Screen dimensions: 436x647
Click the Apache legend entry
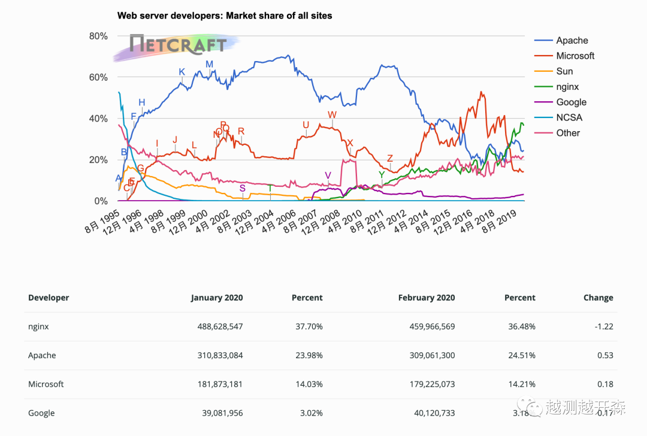click(x=572, y=40)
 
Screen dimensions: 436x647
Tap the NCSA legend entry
click(x=569, y=117)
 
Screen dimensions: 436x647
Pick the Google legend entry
click(x=571, y=102)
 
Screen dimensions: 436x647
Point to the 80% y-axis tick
click(x=98, y=36)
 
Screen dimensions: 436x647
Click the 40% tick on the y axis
click(x=98, y=119)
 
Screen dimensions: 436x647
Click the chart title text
click(x=225, y=16)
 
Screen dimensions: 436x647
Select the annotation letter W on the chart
click(x=332, y=114)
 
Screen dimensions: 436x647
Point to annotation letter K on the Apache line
click(x=182, y=72)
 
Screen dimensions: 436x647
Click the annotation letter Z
click(x=390, y=158)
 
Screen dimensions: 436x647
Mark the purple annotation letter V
click(x=328, y=175)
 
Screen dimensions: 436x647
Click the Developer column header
click(x=49, y=298)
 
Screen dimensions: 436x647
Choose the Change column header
click(x=598, y=298)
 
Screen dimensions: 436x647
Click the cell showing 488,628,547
click(x=220, y=326)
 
